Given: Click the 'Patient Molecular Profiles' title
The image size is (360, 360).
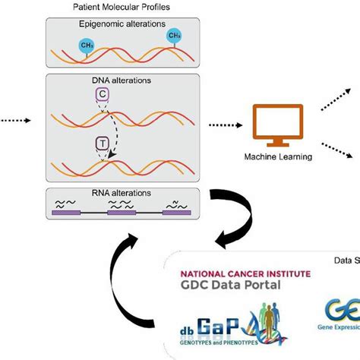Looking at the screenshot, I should click(x=120, y=7).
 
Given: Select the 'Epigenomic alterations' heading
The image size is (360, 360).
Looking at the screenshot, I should click(x=120, y=24).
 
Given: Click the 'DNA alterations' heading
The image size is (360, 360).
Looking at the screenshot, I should click(x=120, y=79).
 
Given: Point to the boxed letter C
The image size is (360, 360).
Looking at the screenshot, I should click(x=102, y=94).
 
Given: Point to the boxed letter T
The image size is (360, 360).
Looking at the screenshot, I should click(x=102, y=143).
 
